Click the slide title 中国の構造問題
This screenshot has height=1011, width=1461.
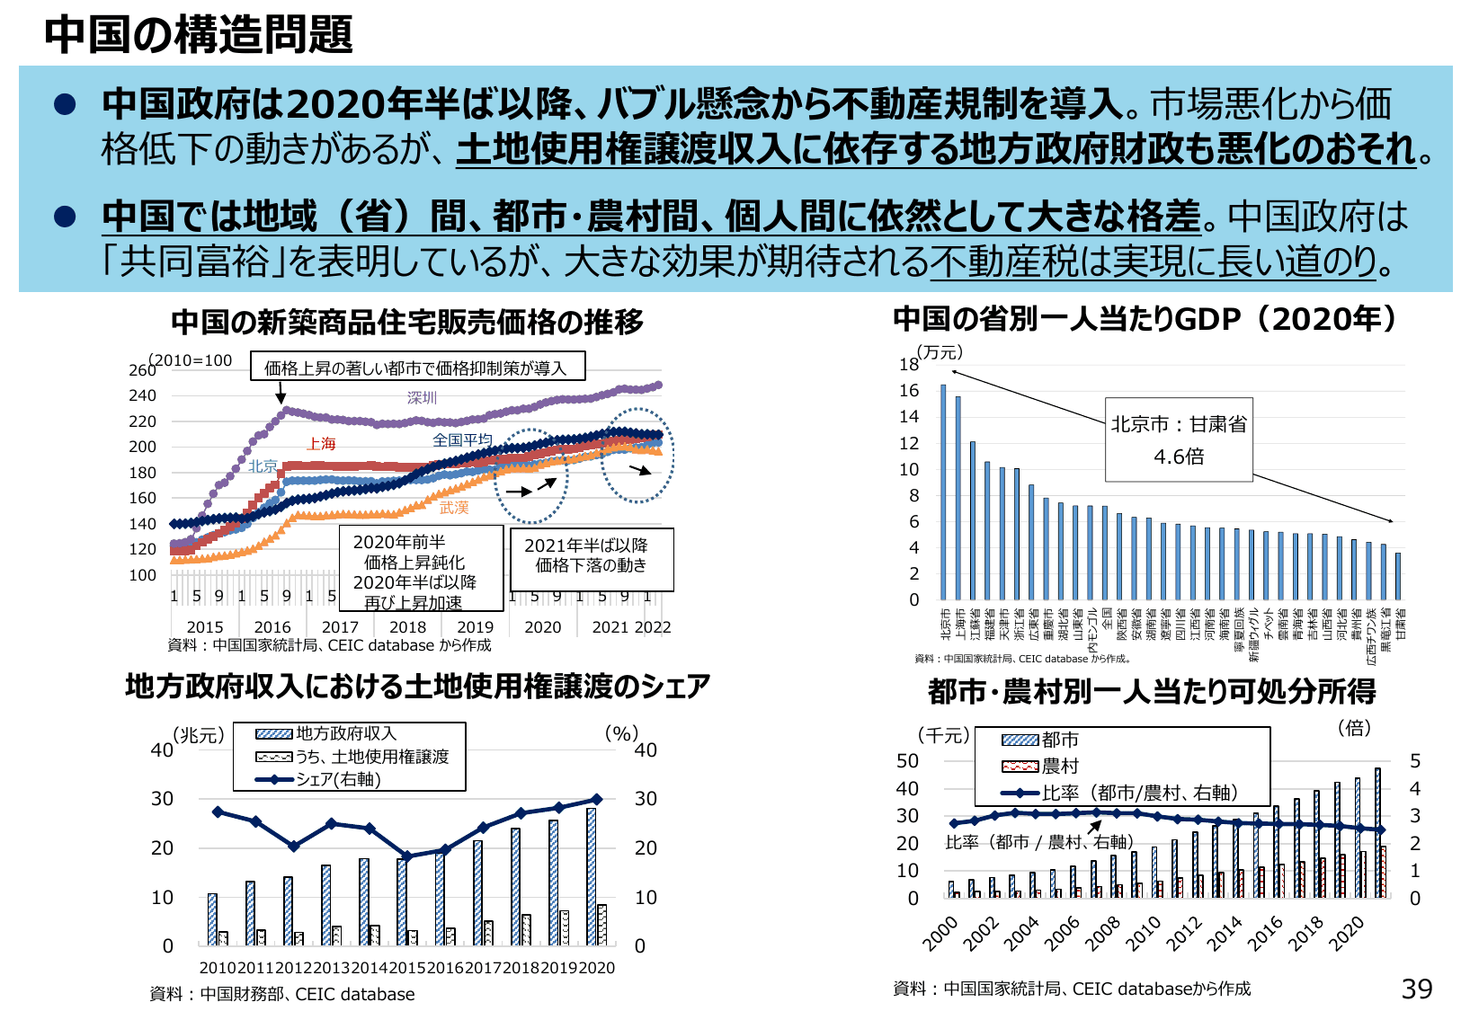[198, 34]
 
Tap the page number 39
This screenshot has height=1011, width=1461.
[1416, 989]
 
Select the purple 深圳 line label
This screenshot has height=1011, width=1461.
[422, 397]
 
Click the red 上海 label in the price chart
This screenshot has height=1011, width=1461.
[321, 443]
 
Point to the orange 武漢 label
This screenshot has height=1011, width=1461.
[454, 508]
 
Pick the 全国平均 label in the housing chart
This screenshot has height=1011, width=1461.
[462, 439]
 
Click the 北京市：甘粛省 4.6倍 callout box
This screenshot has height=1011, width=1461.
[1178, 439]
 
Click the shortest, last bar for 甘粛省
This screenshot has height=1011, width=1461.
[1397, 576]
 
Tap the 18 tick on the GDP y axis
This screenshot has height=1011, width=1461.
[909, 364]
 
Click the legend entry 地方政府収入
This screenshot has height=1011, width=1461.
[345, 733]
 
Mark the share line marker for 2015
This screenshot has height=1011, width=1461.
[406, 856]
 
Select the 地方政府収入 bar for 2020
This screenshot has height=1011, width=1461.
[591, 876]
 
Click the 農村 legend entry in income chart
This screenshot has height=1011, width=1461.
[1059, 766]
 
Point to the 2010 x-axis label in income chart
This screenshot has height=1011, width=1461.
[1144, 935]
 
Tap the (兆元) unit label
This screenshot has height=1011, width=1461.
[198, 735]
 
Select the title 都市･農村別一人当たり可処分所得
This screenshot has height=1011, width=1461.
[1152, 691]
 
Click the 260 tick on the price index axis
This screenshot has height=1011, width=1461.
[142, 370]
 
